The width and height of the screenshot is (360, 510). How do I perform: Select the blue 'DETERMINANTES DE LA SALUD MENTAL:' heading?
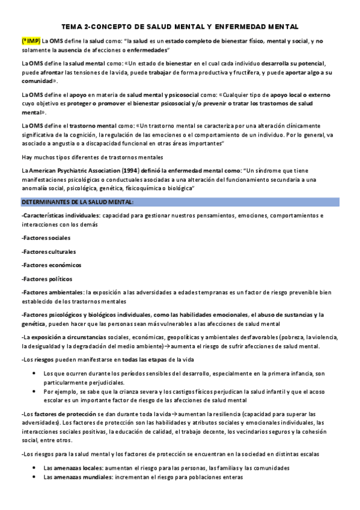pyautogui.click(x=78, y=201)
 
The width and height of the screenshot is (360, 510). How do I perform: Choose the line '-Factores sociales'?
pyautogui.click(x=45, y=238)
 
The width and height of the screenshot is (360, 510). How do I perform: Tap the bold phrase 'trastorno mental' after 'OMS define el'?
pyautogui.click(x=95, y=126)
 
